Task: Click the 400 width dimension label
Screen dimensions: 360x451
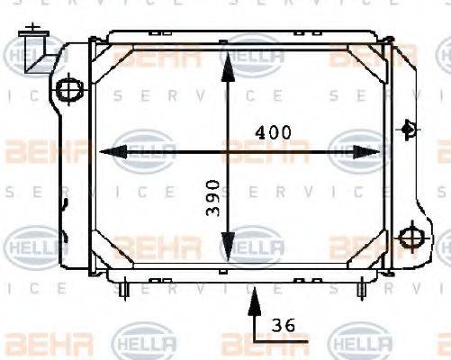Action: coord(273,131)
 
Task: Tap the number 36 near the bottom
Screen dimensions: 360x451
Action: coord(284,325)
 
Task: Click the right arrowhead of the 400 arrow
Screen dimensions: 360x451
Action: coord(369,151)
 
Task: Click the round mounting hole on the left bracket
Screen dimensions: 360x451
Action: coord(68,88)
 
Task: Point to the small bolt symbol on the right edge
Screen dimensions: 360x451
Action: coord(410,129)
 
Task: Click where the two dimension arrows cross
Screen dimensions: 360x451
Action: coord(229,151)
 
